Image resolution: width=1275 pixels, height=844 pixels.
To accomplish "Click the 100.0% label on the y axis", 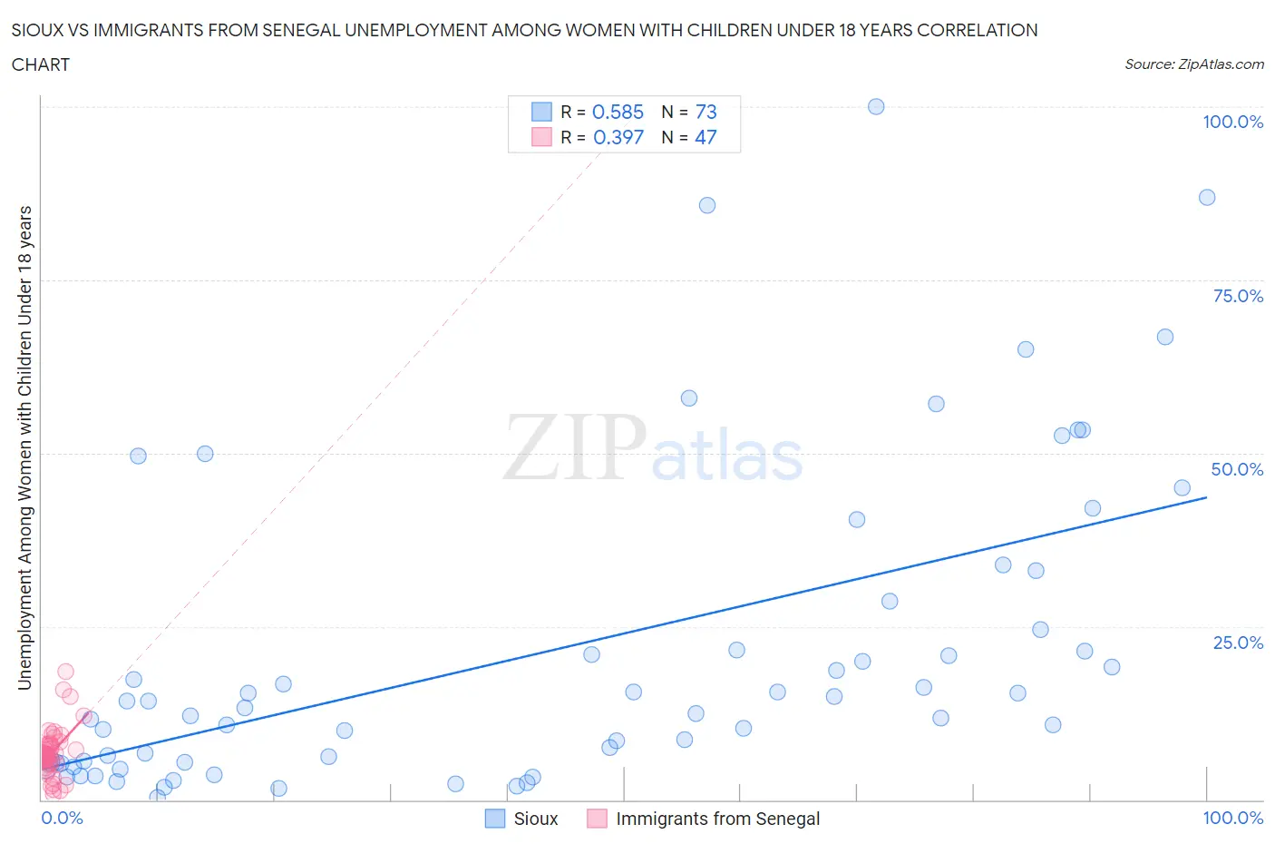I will (1232, 122).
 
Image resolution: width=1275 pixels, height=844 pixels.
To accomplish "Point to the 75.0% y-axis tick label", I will (1238, 296).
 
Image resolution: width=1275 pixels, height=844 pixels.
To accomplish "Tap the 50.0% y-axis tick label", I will (1237, 469).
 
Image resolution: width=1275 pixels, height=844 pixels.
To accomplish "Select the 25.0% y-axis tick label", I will (1238, 643).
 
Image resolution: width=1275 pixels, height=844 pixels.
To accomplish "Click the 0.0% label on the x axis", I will (62, 818).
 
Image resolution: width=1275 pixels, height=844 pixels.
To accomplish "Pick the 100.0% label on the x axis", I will (1232, 818).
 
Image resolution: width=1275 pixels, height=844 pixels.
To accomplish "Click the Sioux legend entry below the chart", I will (535, 819).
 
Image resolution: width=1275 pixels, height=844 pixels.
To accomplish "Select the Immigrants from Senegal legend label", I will (717, 819).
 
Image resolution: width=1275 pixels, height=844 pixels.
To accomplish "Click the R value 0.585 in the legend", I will (618, 112).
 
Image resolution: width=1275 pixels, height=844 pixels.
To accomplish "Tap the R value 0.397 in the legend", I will (618, 137).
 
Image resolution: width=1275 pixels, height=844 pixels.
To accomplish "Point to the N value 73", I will (706, 112).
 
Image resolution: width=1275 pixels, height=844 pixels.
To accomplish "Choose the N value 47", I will (706, 137).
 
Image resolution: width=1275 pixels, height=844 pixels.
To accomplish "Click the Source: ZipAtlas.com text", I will (1193, 64).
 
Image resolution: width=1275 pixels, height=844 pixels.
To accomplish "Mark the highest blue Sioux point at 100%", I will (876, 106).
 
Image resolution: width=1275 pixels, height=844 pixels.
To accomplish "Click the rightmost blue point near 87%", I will (1207, 197).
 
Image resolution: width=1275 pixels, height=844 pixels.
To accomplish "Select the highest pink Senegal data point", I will (65, 672).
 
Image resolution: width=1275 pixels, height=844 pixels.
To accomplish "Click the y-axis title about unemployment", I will (24, 447).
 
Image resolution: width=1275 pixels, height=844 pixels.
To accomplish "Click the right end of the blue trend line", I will (1206, 497).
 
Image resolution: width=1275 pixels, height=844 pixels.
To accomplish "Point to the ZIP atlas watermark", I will (653, 449).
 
